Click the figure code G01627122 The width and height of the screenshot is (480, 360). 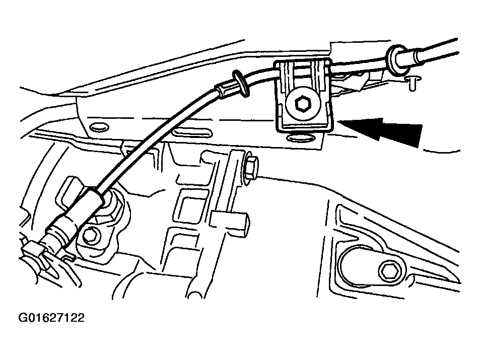click(x=51, y=318)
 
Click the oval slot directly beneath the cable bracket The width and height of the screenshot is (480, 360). click(x=300, y=138)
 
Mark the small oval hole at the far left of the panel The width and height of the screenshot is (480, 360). click(x=100, y=126)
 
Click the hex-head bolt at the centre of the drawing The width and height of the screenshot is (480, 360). click(x=250, y=168)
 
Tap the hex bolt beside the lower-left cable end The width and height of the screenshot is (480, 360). click(x=91, y=236)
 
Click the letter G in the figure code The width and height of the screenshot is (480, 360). click(x=24, y=318)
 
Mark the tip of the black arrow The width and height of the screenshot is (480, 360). click(x=340, y=122)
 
